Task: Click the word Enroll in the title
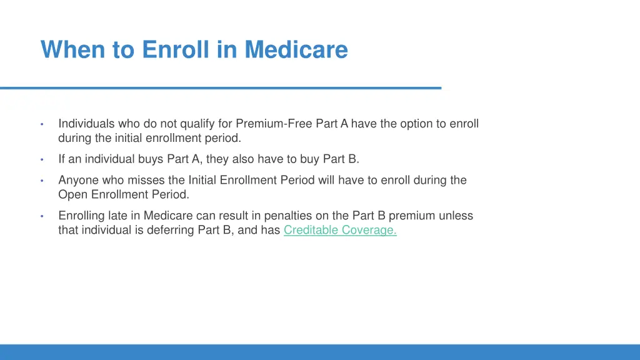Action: (x=177, y=49)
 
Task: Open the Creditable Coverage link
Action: (x=340, y=230)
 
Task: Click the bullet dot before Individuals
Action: (x=42, y=124)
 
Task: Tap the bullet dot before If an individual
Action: (x=42, y=160)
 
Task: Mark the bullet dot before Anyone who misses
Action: (x=42, y=181)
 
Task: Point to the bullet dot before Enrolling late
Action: (x=42, y=216)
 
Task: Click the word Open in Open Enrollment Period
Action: (x=71, y=194)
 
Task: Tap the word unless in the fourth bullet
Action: (x=456, y=216)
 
